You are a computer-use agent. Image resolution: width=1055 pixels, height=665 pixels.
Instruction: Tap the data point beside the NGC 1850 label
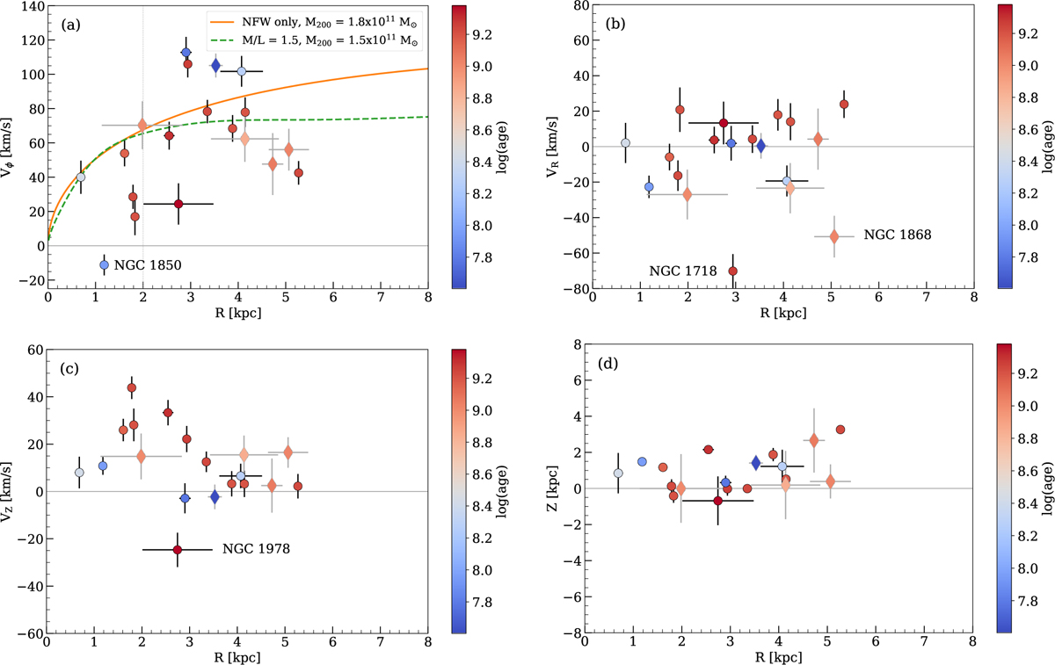coord(105,265)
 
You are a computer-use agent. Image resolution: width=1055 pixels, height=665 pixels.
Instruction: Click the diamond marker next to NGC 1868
coord(834,236)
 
